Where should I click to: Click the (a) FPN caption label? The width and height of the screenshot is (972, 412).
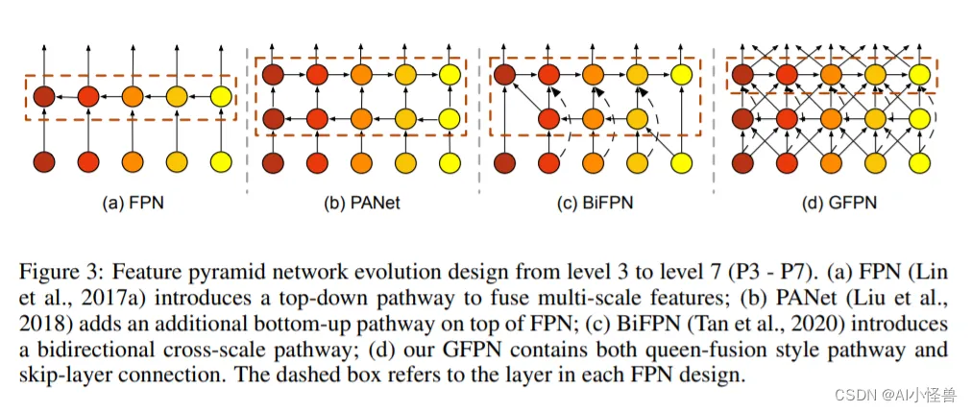click(x=132, y=202)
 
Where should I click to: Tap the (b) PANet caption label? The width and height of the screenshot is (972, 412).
click(x=362, y=202)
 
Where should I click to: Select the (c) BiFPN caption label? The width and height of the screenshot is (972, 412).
click(x=595, y=202)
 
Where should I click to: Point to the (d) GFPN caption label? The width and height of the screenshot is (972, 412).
click(x=839, y=202)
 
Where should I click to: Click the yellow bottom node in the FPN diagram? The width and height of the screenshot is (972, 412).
click(x=221, y=162)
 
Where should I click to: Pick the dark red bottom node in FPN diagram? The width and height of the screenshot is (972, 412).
click(x=43, y=162)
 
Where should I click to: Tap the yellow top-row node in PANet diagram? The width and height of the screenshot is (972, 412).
click(x=450, y=75)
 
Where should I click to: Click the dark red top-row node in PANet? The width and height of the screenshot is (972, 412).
click(x=273, y=75)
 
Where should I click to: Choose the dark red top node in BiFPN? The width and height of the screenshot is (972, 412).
click(x=504, y=75)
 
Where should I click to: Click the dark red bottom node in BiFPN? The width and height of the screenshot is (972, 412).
click(x=504, y=162)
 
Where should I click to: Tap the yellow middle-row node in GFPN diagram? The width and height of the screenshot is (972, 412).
click(x=919, y=117)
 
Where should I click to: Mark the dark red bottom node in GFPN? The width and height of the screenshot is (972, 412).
click(x=742, y=162)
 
